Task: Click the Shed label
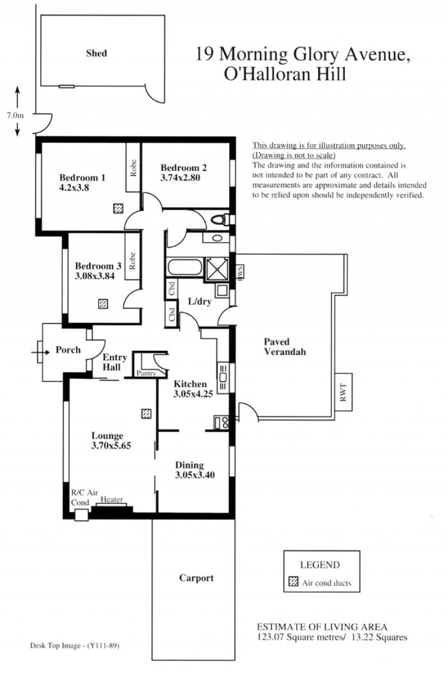pyautogui.click(x=96, y=53)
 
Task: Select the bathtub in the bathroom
pyautogui.click(x=184, y=267)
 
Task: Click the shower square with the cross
pyautogui.click(x=217, y=269)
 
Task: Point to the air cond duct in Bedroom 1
pyautogui.click(x=119, y=208)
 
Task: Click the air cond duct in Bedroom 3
pyautogui.click(x=103, y=304)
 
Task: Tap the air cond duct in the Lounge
pyautogui.click(x=146, y=413)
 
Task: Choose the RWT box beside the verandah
pyautogui.click(x=343, y=392)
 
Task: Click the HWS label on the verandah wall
pyautogui.click(x=240, y=272)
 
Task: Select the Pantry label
pyautogui.click(x=146, y=373)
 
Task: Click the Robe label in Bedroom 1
pyautogui.click(x=133, y=168)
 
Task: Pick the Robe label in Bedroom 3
pyautogui.click(x=132, y=261)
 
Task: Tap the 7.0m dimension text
pyautogui.click(x=15, y=115)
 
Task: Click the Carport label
pyautogui.click(x=197, y=578)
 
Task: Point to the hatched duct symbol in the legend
pyautogui.click(x=293, y=582)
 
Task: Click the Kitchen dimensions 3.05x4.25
pyautogui.click(x=193, y=393)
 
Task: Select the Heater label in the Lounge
pyautogui.click(x=111, y=500)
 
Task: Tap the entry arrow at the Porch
pyautogui.click(x=40, y=352)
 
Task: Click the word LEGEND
pyautogui.click(x=320, y=565)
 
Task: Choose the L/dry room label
pyautogui.click(x=200, y=301)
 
